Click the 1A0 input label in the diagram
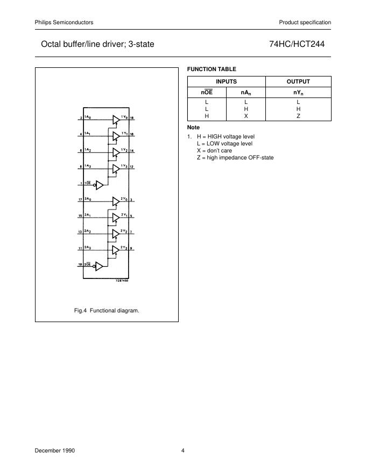click(x=87, y=117)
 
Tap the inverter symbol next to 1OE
click(x=99, y=185)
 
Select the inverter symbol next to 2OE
click(x=99, y=266)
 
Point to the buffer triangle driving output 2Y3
click(x=116, y=250)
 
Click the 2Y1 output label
click(x=124, y=215)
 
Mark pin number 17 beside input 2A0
click(x=80, y=201)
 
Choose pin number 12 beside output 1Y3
click(x=132, y=167)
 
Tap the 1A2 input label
click(x=87, y=150)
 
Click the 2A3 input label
click(x=87, y=248)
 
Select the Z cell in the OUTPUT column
click(x=298, y=116)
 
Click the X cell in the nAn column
click(x=245, y=116)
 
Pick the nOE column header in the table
click(x=207, y=92)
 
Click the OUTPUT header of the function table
click(x=298, y=81)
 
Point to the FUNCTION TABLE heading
click(x=211, y=69)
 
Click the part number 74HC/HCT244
click(x=300, y=44)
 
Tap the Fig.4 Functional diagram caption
click(x=107, y=311)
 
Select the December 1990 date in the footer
click(x=55, y=450)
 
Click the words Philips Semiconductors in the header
click(x=64, y=22)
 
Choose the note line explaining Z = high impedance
click(x=235, y=157)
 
